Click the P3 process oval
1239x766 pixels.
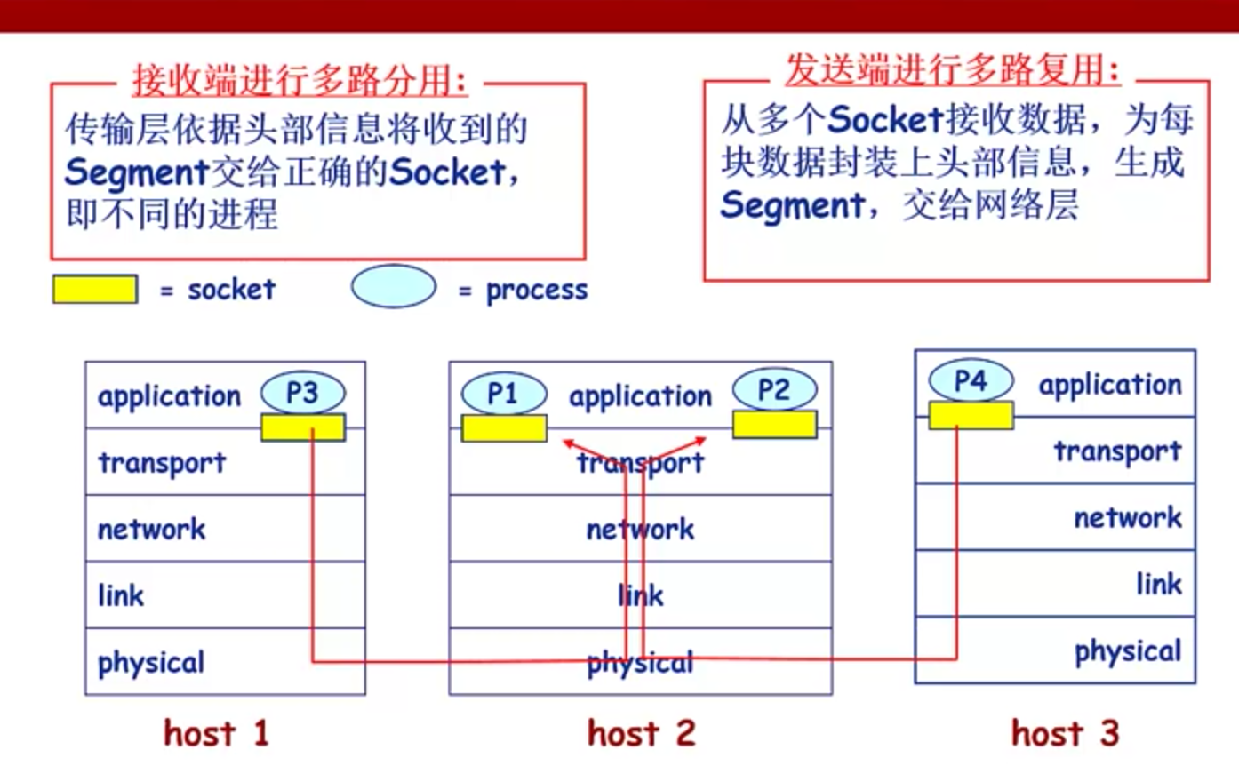coord(303,393)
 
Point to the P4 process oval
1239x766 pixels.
coord(971,381)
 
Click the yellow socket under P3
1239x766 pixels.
coord(302,427)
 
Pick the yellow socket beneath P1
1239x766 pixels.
coord(504,428)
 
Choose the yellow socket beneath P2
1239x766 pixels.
coord(774,425)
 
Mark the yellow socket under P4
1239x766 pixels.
coord(971,415)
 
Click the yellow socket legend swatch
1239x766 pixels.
coord(95,290)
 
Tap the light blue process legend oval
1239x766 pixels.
coord(393,287)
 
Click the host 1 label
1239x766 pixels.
coord(216,733)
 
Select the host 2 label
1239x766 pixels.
coord(641,733)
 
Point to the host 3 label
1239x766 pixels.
coord(1065,733)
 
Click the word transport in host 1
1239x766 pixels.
coord(162,462)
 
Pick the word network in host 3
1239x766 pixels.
coord(1127,517)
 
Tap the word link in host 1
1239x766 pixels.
coord(121,594)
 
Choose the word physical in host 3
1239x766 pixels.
coord(1127,651)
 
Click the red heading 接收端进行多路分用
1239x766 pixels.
coord(300,81)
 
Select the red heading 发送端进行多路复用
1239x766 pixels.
coord(952,69)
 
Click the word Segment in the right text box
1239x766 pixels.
coord(791,205)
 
